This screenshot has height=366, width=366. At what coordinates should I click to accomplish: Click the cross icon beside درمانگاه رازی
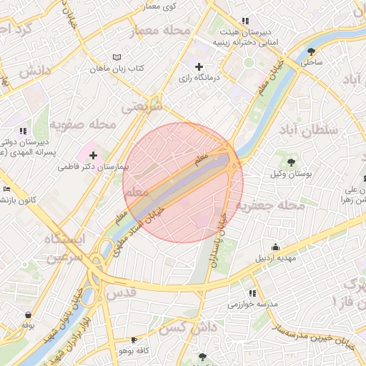click(x=199, y=66)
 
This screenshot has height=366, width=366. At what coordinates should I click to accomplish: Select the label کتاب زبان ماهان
click(x=117, y=69)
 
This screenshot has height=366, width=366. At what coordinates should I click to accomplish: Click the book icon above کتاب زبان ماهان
click(x=117, y=57)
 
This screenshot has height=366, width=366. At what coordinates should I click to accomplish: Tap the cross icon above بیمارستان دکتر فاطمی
click(x=93, y=155)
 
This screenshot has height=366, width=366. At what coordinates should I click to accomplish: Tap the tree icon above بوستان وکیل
click(x=291, y=162)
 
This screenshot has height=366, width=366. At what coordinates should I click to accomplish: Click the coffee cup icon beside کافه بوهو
click(x=134, y=340)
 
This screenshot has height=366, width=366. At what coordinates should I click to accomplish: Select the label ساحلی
click(x=312, y=62)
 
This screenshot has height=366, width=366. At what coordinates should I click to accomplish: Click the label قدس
click(x=121, y=293)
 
